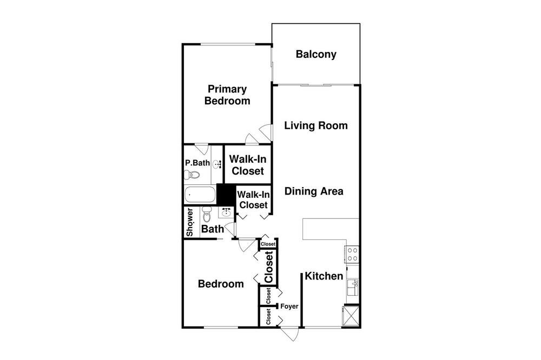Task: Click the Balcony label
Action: tap(316, 55)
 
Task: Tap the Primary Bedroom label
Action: tap(227, 95)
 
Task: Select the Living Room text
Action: tap(316, 125)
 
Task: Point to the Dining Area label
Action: tap(314, 191)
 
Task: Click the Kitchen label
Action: tap(324, 276)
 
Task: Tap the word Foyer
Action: tap(289, 306)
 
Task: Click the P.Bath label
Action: tap(197, 163)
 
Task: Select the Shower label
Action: tap(190, 222)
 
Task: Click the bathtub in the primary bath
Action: tap(200, 195)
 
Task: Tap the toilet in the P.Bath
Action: tap(192, 175)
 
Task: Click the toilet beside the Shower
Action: tap(207, 215)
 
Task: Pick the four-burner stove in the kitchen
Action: tap(352, 255)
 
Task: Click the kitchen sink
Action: tap(353, 288)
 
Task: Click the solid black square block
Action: tap(226, 195)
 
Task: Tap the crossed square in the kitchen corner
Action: tap(351, 316)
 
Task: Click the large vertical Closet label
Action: tap(269, 267)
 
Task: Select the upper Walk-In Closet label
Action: tap(248, 165)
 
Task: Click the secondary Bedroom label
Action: tap(221, 284)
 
